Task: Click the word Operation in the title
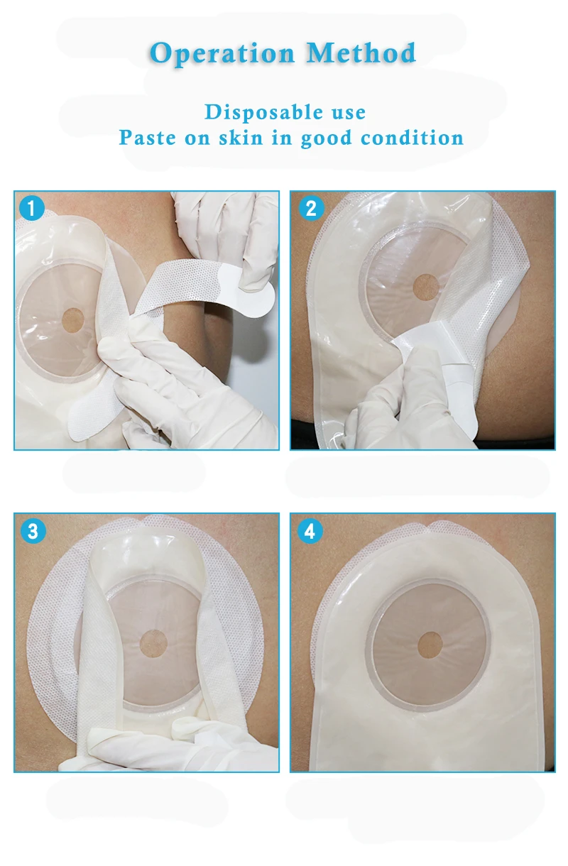pos(222,54)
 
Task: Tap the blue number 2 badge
pos(310,208)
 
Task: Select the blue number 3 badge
pos(33,531)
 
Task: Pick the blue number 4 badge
pos(310,531)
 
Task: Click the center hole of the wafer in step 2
pos(427,287)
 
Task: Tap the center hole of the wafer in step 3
pos(153,643)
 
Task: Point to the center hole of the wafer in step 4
pos(430,645)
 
